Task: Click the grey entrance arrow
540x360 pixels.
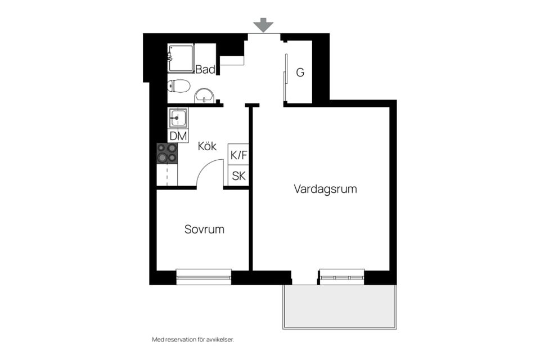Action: [263, 25]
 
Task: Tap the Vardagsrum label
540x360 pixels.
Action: [326, 189]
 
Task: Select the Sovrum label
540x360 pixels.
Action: [204, 229]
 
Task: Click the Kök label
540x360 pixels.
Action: [207, 146]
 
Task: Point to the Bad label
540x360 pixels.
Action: [205, 69]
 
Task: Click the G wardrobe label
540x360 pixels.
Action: [300, 73]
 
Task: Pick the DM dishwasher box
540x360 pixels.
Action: [178, 136]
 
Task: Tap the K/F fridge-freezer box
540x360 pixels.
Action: [238, 155]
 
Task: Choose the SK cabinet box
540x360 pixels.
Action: [238, 176]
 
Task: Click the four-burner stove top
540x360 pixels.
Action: [167, 153]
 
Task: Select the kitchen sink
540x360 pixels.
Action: [178, 118]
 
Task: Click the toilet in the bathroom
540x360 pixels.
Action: [179, 85]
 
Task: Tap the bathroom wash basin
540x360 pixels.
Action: [205, 96]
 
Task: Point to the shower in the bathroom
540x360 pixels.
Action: [181, 58]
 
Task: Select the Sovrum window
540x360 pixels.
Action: [204, 277]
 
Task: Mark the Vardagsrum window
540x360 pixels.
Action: [342, 277]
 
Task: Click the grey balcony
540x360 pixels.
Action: [340, 307]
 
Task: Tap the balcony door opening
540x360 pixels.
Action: [304, 278]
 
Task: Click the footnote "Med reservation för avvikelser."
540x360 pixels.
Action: [193, 340]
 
